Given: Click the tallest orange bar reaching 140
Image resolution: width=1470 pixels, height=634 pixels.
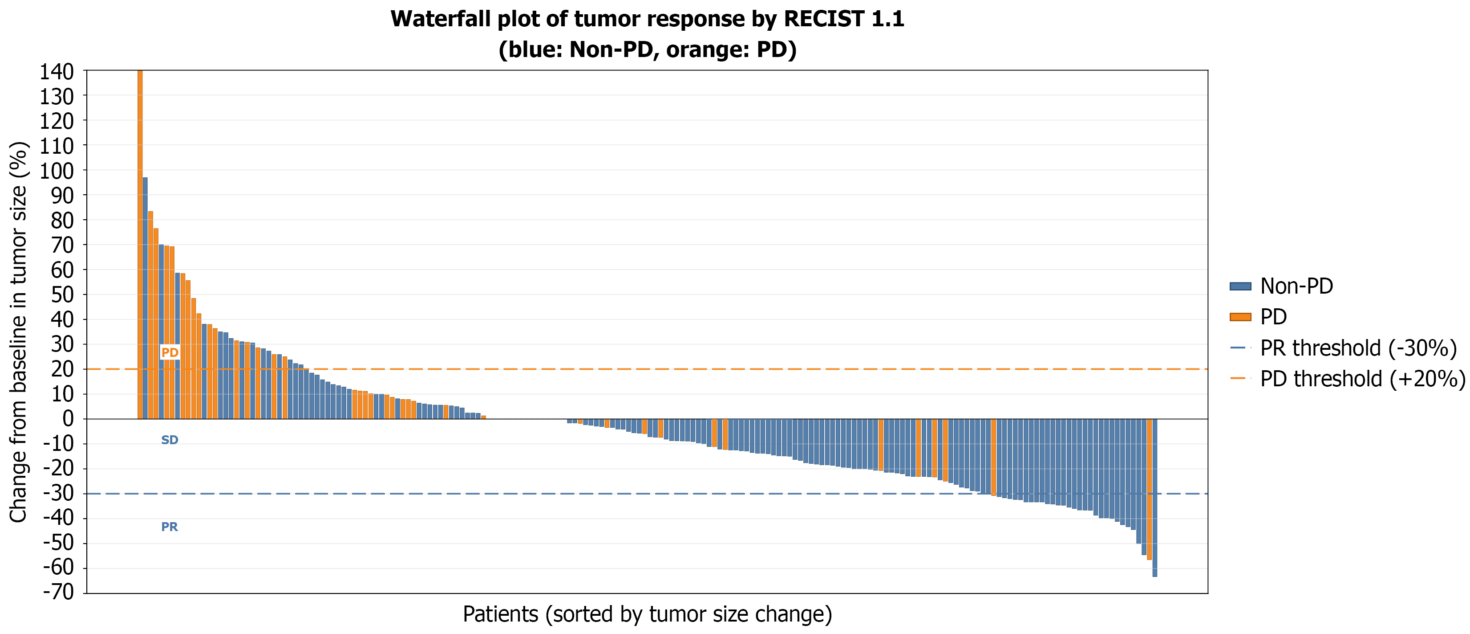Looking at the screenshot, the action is [140, 245].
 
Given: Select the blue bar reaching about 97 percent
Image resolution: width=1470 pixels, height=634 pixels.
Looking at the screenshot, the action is [145, 298].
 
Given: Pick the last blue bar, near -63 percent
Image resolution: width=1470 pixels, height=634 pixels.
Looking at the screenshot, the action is [1155, 498].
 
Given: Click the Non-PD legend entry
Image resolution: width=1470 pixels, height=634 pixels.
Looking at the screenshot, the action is [1281, 286].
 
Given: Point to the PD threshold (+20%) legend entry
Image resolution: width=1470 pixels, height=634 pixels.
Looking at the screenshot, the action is [1347, 379].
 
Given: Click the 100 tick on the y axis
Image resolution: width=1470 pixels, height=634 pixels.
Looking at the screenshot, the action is [57, 170].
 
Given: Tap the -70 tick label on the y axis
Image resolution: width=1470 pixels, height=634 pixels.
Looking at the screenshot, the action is [59, 592].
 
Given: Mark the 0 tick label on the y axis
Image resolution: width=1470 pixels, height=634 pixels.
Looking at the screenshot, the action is [69, 419].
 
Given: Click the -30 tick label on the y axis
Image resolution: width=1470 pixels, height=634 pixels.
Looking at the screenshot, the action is [59, 493].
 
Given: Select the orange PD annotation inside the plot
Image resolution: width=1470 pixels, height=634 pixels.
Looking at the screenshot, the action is [170, 352].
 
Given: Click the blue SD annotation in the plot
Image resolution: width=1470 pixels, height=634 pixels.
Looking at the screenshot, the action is [170, 440].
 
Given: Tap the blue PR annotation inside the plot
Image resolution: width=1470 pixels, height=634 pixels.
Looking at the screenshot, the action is [170, 527].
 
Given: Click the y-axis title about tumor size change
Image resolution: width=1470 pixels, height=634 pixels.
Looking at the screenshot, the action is [18, 332].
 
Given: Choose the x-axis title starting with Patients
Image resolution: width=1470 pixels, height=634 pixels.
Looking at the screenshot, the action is [647, 614].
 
